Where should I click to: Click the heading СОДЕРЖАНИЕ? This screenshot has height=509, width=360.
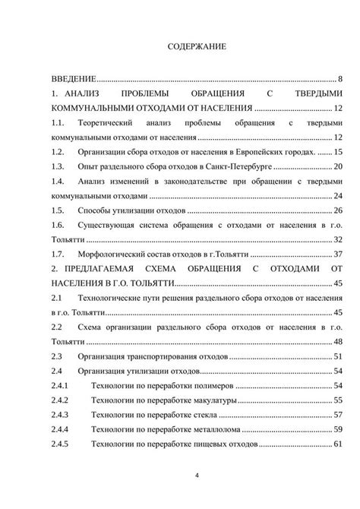pyautogui.click(x=196, y=47)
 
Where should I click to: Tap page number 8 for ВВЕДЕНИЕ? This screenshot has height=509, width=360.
pyautogui.click(x=341, y=79)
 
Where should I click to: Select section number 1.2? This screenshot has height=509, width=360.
pyautogui.click(x=57, y=152)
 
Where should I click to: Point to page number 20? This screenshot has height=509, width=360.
pyautogui.click(x=339, y=166)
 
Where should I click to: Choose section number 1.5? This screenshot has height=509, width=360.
pyautogui.click(x=57, y=210)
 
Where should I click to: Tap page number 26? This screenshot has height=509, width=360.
pyautogui.click(x=339, y=210)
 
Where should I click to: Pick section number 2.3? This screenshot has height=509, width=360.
pyautogui.click(x=55, y=356)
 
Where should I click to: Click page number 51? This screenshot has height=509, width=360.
pyautogui.click(x=339, y=356)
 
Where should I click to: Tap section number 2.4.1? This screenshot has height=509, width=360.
pyautogui.click(x=59, y=385)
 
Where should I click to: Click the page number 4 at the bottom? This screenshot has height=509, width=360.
pyautogui.click(x=197, y=476)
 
